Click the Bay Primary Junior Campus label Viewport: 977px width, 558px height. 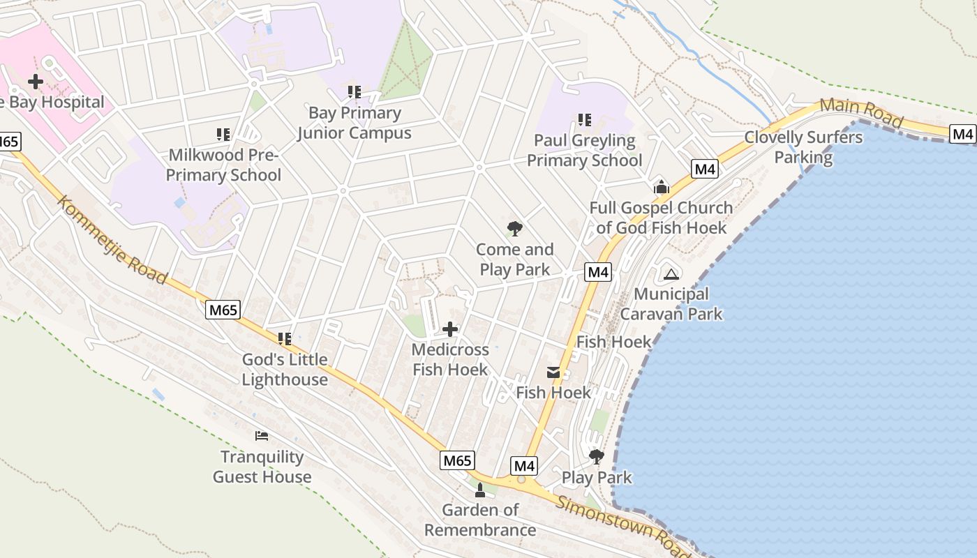click(x=355, y=123)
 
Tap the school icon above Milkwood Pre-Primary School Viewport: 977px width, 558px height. click(x=223, y=134)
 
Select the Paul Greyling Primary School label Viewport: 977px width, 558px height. click(x=584, y=151)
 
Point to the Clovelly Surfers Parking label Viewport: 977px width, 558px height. click(x=803, y=147)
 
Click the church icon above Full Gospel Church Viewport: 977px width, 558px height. click(x=661, y=187)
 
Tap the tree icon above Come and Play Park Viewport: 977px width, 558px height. click(x=515, y=229)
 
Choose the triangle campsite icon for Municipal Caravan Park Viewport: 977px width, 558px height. click(x=671, y=274)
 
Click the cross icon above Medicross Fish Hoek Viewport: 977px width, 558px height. click(x=450, y=329)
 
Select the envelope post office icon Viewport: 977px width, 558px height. click(x=553, y=372)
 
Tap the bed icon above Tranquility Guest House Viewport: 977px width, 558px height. click(x=262, y=437)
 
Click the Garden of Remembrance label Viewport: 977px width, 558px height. click(x=480, y=520)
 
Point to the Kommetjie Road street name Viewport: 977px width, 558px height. click(x=112, y=240)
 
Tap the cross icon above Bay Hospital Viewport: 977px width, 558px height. click(x=35, y=82)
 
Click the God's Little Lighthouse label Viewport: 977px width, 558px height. click(x=285, y=370)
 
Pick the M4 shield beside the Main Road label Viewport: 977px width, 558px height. click(x=963, y=134)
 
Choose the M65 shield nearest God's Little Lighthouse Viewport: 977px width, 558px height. click(x=223, y=310)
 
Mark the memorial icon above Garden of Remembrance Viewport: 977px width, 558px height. click(x=479, y=490)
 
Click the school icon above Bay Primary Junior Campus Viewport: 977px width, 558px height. click(x=355, y=92)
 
